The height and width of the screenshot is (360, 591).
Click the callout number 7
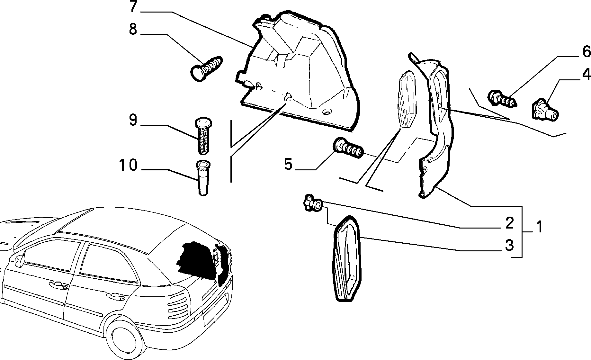pos(133,7)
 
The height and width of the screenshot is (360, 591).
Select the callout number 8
pos(133,29)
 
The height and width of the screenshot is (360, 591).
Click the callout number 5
pos(288,164)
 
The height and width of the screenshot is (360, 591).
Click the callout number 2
pos(510,223)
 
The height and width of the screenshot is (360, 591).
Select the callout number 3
pos(510,245)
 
